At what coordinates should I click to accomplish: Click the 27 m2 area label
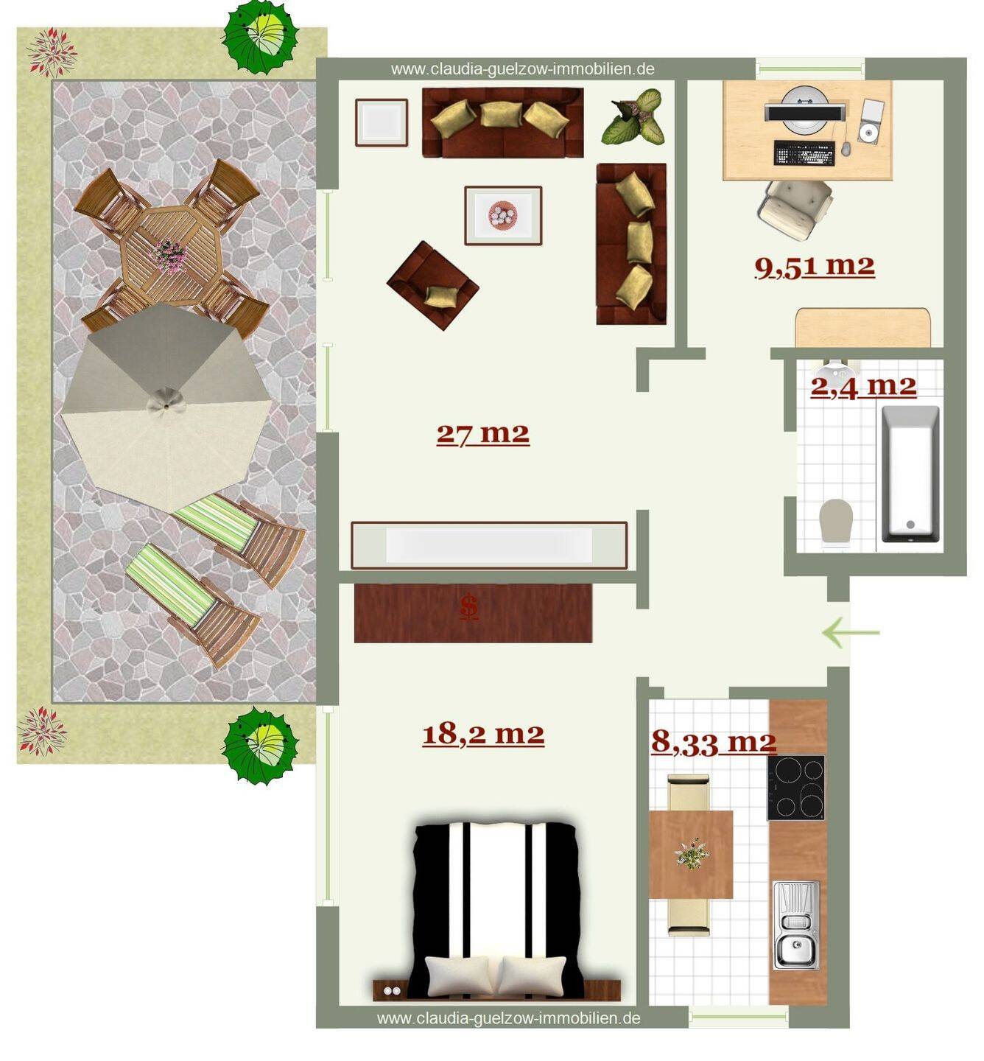tap(482, 434)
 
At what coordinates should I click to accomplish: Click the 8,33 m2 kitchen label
tap(714, 742)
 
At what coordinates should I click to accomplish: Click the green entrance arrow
tap(851, 632)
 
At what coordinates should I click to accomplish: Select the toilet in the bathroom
tap(835, 522)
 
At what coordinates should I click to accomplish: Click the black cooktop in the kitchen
tap(796, 788)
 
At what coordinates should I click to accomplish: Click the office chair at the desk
tap(795, 209)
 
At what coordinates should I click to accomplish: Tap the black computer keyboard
tap(804, 153)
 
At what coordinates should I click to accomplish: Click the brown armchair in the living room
tap(432, 285)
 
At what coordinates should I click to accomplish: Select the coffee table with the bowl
tap(503, 215)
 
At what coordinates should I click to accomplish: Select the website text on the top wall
tap(522, 69)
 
